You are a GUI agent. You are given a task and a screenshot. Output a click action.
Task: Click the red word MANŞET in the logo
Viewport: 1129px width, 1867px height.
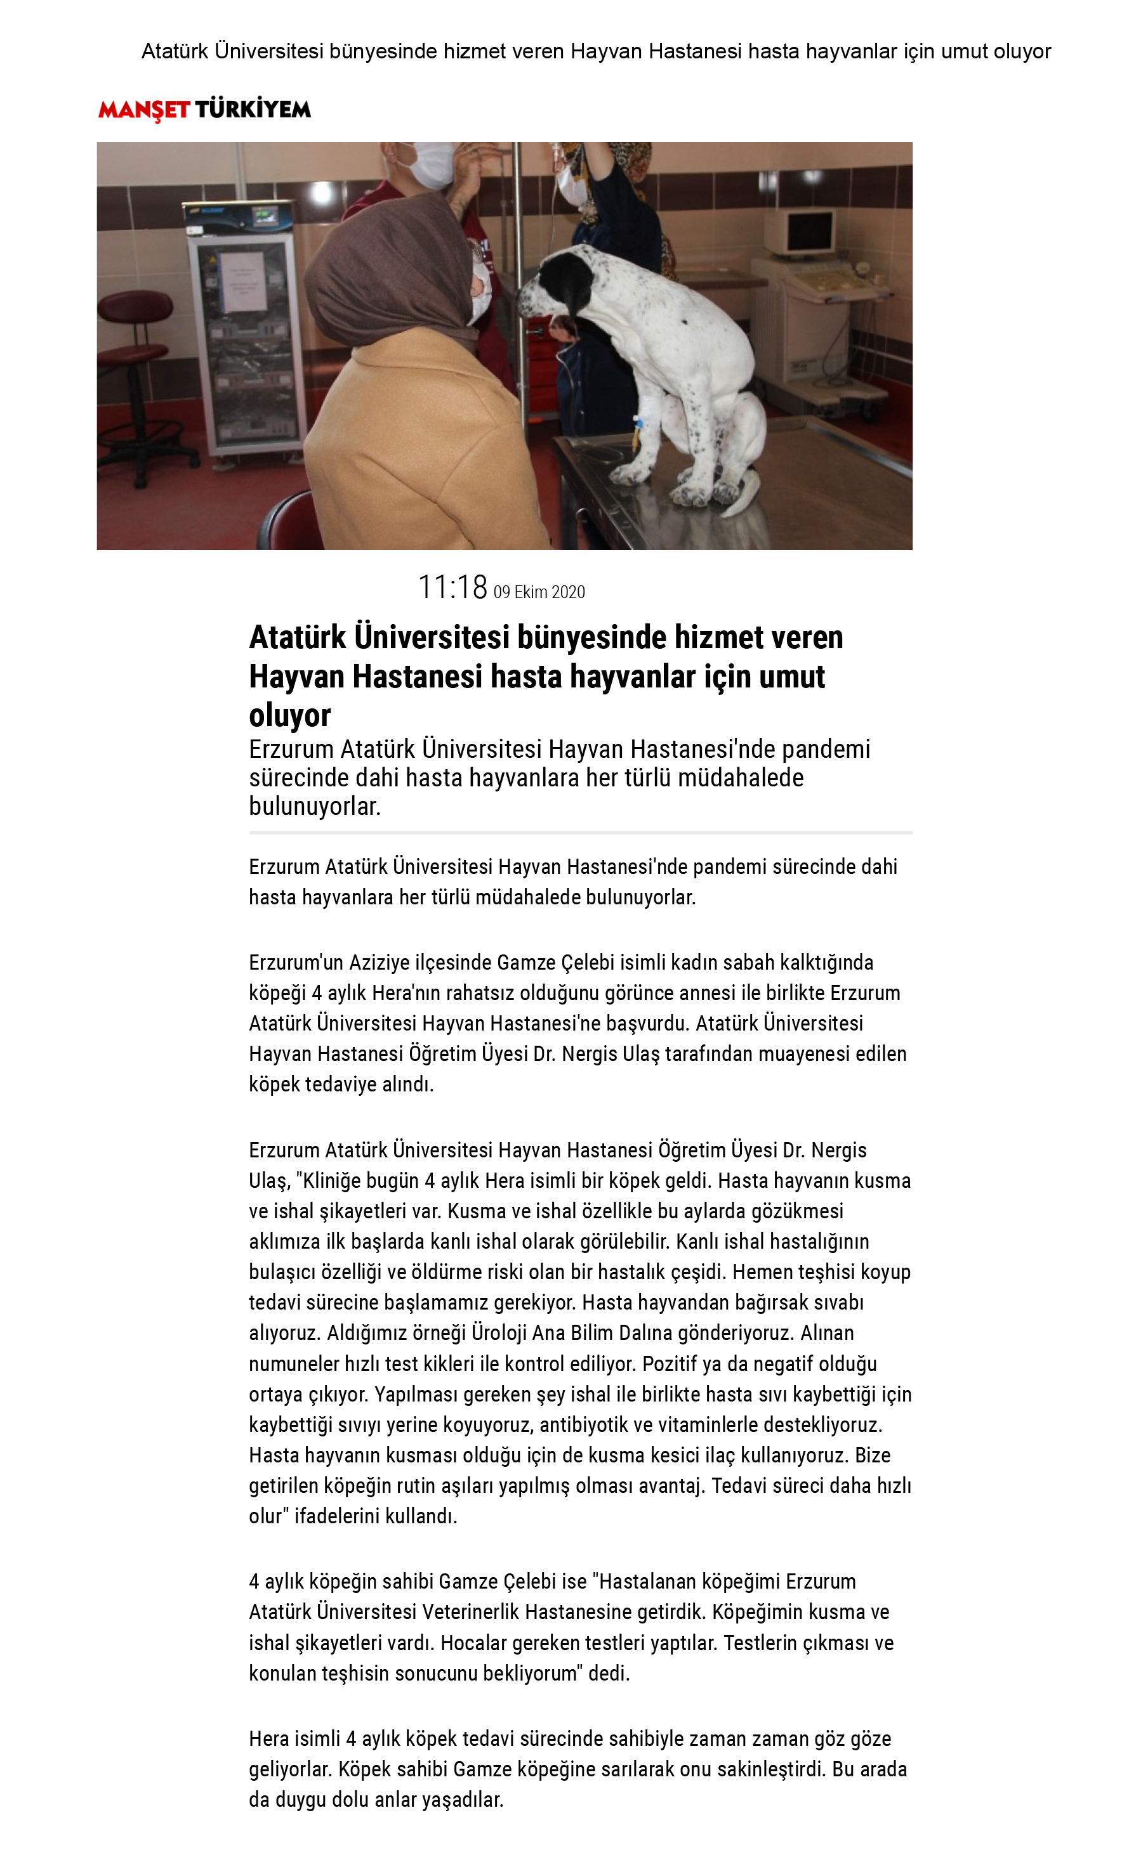(x=143, y=110)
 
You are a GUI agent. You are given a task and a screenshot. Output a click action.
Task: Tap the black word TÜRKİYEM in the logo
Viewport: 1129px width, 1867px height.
(x=253, y=110)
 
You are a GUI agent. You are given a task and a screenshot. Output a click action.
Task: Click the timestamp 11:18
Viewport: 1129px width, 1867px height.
(x=452, y=587)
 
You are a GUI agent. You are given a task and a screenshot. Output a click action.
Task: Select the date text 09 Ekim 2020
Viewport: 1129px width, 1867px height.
(x=539, y=592)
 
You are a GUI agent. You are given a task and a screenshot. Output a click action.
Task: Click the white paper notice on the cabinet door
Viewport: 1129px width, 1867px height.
(x=241, y=282)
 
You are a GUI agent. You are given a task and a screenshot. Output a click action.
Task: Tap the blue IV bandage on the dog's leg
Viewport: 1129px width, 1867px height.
(x=638, y=425)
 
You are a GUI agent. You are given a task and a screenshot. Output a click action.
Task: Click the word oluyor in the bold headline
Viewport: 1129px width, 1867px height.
(x=289, y=715)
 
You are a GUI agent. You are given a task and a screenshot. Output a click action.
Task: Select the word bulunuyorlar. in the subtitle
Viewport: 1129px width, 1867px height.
(x=315, y=806)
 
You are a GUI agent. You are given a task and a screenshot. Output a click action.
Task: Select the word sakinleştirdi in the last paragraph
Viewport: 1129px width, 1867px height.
(x=771, y=1769)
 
